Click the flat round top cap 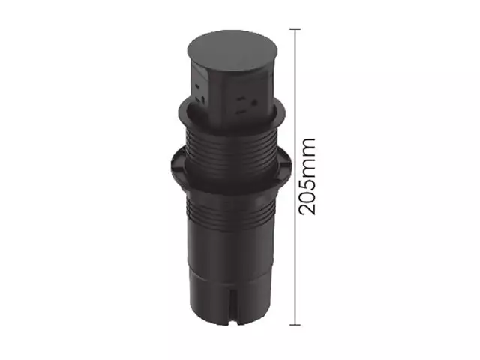(x=232, y=52)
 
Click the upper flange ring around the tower (x=232, y=114)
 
